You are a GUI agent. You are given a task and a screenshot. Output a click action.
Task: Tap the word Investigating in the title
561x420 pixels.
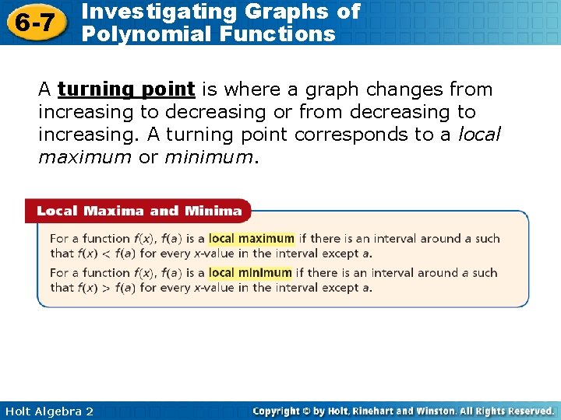(153, 11)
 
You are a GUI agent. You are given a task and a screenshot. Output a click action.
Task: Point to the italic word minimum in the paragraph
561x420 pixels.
(209, 158)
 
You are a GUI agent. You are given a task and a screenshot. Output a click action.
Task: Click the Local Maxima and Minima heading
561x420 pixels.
(139, 211)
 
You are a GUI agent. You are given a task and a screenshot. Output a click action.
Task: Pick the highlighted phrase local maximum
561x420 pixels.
(252, 239)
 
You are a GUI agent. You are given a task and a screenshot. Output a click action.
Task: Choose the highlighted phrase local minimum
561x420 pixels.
(250, 273)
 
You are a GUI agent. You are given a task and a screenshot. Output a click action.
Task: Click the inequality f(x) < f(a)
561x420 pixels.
(108, 253)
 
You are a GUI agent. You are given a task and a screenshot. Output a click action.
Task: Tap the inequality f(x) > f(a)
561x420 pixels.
(108, 287)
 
